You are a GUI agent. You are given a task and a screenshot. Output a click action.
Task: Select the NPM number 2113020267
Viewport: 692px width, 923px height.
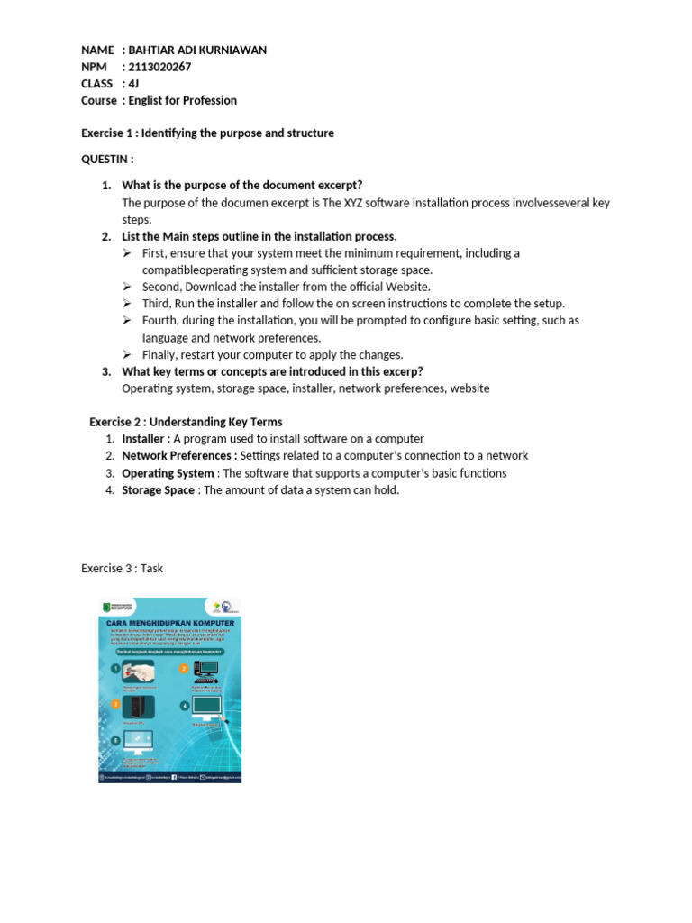click(x=161, y=67)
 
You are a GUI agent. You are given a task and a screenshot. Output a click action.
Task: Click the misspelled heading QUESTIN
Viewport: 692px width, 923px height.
click(x=107, y=160)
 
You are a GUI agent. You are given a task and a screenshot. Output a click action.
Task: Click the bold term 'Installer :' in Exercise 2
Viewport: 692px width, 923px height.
click(x=146, y=439)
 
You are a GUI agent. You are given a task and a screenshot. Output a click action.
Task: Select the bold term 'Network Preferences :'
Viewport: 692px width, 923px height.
click(x=179, y=456)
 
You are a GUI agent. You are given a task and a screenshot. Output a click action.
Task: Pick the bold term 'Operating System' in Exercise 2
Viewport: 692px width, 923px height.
click(x=168, y=473)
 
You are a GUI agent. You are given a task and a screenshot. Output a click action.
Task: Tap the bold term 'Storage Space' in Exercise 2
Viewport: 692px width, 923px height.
click(x=158, y=490)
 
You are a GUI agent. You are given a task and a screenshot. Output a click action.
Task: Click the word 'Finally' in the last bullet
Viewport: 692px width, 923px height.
click(x=161, y=354)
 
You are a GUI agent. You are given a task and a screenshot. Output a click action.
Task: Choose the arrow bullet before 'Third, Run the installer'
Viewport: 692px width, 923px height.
click(x=128, y=304)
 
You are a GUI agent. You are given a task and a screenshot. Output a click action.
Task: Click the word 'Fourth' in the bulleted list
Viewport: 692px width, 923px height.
click(x=160, y=321)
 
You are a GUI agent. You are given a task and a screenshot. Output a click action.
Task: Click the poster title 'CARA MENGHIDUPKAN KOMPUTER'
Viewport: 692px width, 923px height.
click(x=170, y=623)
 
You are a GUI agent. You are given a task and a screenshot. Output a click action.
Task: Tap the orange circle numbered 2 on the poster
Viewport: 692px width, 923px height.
click(x=184, y=669)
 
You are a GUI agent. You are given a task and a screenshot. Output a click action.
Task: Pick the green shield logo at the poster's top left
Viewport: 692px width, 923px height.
click(x=106, y=608)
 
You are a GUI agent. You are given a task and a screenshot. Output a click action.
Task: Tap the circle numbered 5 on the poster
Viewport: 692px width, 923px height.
click(x=115, y=741)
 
